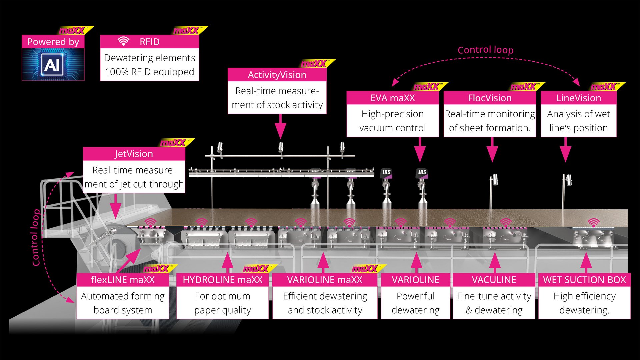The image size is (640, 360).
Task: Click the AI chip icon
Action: (53, 64)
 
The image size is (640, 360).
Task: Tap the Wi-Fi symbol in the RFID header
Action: (123, 41)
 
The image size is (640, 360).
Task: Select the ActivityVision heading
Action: (277, 75)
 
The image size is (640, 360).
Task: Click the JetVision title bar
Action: (134, 154)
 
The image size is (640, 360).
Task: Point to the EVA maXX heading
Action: (392, 98)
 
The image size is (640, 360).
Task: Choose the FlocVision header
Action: (489, 98)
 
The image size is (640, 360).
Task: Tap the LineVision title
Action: (578, 98)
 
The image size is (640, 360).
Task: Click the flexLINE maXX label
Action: (123, 280)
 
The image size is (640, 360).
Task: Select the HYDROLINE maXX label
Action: (222, 280)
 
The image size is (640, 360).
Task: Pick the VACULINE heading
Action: (494, 280)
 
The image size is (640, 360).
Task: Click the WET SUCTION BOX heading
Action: (584, 280)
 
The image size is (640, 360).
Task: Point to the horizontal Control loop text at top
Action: (485, 50)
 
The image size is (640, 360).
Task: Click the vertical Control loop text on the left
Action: (36, 237)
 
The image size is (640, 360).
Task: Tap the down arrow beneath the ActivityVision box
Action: (280, 127)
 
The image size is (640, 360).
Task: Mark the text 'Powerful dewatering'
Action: (415, 303)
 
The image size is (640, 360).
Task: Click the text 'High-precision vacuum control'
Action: (392, 121)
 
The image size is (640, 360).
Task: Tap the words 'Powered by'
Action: (53, 42)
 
